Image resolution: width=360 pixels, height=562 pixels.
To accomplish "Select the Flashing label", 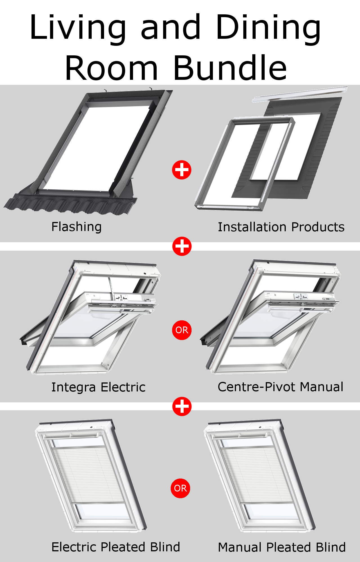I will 76,227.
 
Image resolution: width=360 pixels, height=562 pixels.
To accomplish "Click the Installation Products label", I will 281,227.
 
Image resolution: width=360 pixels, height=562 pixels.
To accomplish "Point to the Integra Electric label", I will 98,387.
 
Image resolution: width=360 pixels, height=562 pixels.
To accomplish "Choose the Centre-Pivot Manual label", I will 280,387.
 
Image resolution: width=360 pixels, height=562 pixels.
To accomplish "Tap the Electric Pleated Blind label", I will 116,547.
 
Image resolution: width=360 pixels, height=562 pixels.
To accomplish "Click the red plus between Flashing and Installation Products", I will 182,170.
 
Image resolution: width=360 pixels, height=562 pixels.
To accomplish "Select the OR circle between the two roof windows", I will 182,330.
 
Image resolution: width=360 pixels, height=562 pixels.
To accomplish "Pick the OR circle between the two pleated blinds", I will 180,488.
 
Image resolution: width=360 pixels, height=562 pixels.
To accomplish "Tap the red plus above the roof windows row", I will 182,246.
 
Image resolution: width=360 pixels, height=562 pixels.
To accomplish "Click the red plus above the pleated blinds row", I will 182,406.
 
